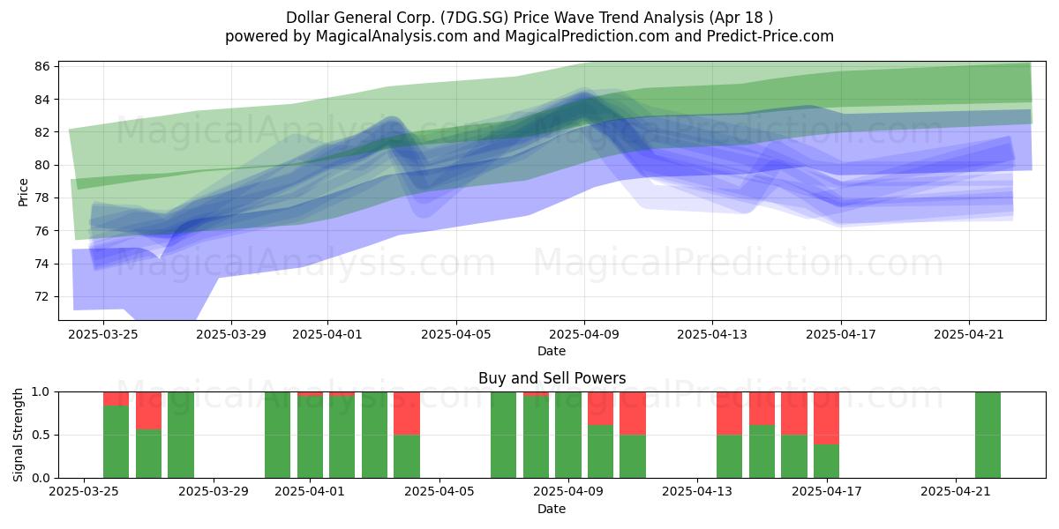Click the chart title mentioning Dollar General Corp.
[529, 18]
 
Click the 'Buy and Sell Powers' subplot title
[552, 378]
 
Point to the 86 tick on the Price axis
[42, 66]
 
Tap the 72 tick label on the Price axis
[42, 296]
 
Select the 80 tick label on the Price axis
[42, 165]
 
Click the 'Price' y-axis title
[23, 192]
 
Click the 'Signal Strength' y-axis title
[18, 435]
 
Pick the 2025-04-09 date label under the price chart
[584, 334]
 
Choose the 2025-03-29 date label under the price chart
[231, 334]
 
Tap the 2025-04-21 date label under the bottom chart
[956, 492]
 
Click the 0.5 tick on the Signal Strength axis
[41, 435]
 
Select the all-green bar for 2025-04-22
[988, 435]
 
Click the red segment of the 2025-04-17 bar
[826, 418]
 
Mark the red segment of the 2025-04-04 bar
[407, 414]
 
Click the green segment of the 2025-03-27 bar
[148, 453]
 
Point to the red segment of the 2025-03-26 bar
[116, 399]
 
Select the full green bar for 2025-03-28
[181, 435]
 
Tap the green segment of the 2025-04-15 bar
[762, 451]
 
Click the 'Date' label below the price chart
[552, 351]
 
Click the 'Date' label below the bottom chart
[552, 509]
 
